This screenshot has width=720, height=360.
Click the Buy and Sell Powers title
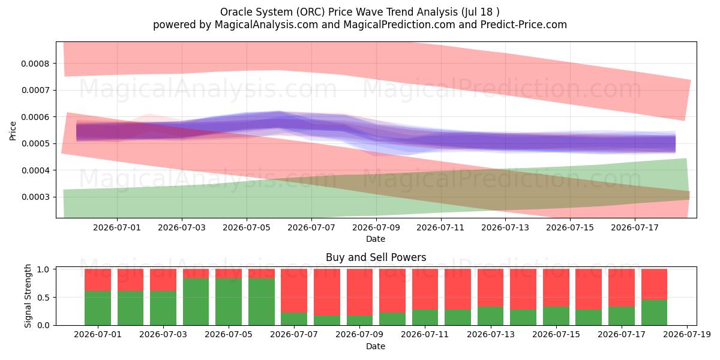point(376,257)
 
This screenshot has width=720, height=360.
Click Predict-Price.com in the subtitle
point(524,25)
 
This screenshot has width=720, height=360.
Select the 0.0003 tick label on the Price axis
point(35,197)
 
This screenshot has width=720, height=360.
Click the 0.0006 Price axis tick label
point(35,117)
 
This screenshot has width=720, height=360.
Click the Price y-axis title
point(13,131)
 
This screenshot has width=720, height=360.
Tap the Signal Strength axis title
point(28,296)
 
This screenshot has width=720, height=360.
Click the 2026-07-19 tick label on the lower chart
point(687,335)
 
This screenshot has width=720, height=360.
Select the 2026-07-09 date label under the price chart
point(376,227)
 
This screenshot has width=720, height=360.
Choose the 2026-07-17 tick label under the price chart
point(635,227)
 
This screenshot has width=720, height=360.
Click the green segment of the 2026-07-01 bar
point(98,308)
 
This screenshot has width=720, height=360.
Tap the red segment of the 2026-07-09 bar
point(359,292)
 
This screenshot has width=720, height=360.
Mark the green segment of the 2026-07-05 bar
point(229,302)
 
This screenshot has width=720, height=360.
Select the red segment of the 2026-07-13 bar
point(491,287)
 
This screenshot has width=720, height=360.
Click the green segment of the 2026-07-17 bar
point(622,316)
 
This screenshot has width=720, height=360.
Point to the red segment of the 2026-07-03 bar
point(163,280)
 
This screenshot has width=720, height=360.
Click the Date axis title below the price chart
point(376,239)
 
